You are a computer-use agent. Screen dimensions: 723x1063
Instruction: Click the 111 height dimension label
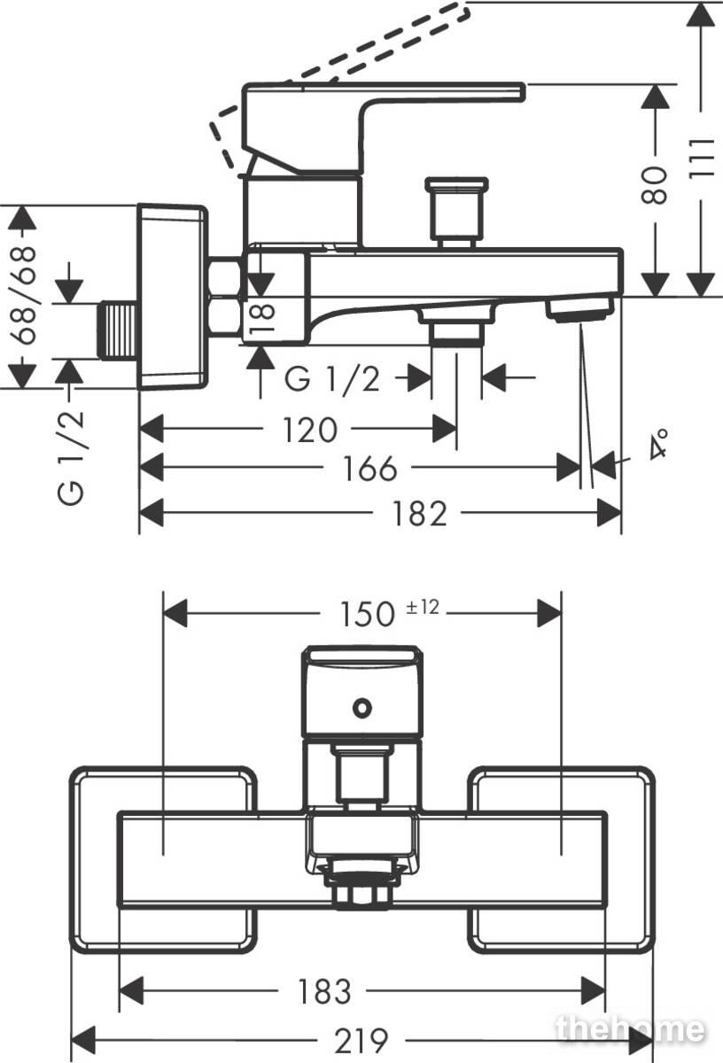click(x=701, y=159)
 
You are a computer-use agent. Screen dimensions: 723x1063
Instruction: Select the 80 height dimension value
click(x=654, y=185)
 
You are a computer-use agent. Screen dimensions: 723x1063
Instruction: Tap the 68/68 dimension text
click(x=23, y=295)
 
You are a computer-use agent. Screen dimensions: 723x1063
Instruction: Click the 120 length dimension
click(x=309, y=430)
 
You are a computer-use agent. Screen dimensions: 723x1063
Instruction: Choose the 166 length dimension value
click(x=369, y=469)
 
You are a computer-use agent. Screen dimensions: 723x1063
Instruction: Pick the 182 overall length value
click(x=420, y=514)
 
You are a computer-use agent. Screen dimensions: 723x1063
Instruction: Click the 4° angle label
click(x=658, y=443)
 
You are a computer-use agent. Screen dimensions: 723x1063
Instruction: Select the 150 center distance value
click(x=368, y=614)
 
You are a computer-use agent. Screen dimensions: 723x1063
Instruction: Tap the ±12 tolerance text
click(x=423, y=608)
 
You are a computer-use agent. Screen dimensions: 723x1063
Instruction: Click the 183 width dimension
click(x=324, y=991)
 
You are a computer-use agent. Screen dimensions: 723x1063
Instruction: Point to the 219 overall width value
click(x=361, y=1041)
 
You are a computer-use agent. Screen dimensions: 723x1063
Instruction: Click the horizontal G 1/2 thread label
click(x=332, y=379)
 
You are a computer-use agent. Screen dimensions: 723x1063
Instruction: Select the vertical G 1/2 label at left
click(x=71, y=457)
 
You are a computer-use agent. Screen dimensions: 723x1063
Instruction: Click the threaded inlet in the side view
click(x=118, y=330)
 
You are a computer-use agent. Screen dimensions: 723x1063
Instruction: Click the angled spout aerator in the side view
click(x=579, y=307)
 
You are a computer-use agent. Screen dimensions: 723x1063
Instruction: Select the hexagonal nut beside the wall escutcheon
click(x=225, y=297)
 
